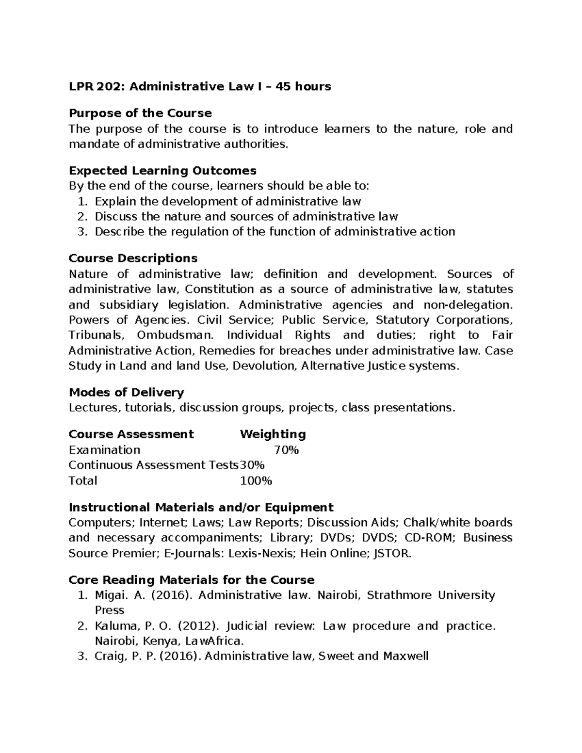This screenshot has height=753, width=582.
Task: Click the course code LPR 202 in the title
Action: [x=97, y=87]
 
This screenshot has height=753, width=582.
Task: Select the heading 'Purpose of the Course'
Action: [x=140, y=113]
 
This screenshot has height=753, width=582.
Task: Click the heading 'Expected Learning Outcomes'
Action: [x=162, y=171]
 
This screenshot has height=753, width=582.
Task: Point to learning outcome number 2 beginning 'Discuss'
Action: [x=246, y=216]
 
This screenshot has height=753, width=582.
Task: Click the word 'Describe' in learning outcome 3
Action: [x=119, y=232]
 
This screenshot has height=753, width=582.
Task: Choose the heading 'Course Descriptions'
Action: [x=133, y=258]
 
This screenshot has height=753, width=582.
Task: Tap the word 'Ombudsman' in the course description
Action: [x=175, y=336]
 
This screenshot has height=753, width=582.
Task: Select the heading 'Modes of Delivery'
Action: [x=126, y=392]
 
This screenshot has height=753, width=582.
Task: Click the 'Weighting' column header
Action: [x=273, y=434]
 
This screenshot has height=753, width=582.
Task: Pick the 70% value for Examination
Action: [x=286, y=450]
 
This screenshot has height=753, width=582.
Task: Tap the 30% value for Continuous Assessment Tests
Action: [x=252, y=465]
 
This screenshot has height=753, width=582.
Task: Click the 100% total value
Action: [x=256, y=481]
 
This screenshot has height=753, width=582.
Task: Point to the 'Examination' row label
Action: [x=104, y=450]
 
